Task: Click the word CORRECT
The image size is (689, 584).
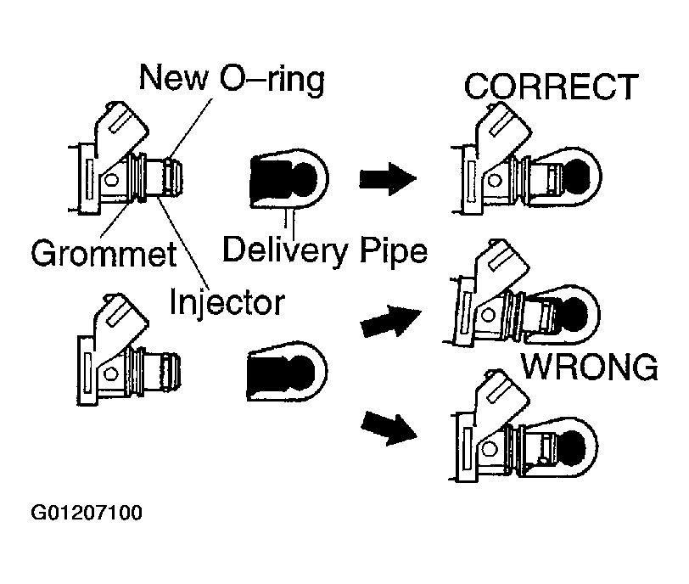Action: [551, 87]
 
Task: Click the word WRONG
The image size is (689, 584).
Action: [590, 367]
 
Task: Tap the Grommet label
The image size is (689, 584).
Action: [104, 253]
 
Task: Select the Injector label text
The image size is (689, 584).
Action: [227, 302]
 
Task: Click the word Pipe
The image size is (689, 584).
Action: [394, 251]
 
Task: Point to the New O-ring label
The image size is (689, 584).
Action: [232, 78]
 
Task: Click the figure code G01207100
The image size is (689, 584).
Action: [87, 513]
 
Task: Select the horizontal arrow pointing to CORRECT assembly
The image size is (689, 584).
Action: [388, 178]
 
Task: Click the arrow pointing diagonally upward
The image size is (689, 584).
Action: [390, 321]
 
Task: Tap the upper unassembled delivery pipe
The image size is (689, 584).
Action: [289, 178]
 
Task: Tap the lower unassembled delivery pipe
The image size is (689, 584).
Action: [288, 371]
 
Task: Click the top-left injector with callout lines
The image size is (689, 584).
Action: [126, 159]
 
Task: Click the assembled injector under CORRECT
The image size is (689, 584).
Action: [526, 158]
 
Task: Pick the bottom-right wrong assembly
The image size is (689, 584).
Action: [524, 426]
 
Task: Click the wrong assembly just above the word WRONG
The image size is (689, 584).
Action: [524, 293]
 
